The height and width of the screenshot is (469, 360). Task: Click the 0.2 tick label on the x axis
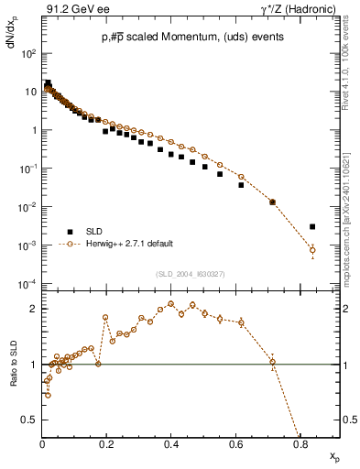[107, 445]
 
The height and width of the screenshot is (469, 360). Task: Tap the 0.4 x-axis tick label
[171, 445]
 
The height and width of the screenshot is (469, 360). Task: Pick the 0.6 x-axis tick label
[236, 445]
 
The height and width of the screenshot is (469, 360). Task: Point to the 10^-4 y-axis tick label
[28, 285]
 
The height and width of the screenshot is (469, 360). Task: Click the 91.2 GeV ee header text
[71, 11]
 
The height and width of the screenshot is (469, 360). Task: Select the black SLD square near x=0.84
[312, 226]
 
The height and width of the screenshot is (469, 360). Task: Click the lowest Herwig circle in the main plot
[312, 250]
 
